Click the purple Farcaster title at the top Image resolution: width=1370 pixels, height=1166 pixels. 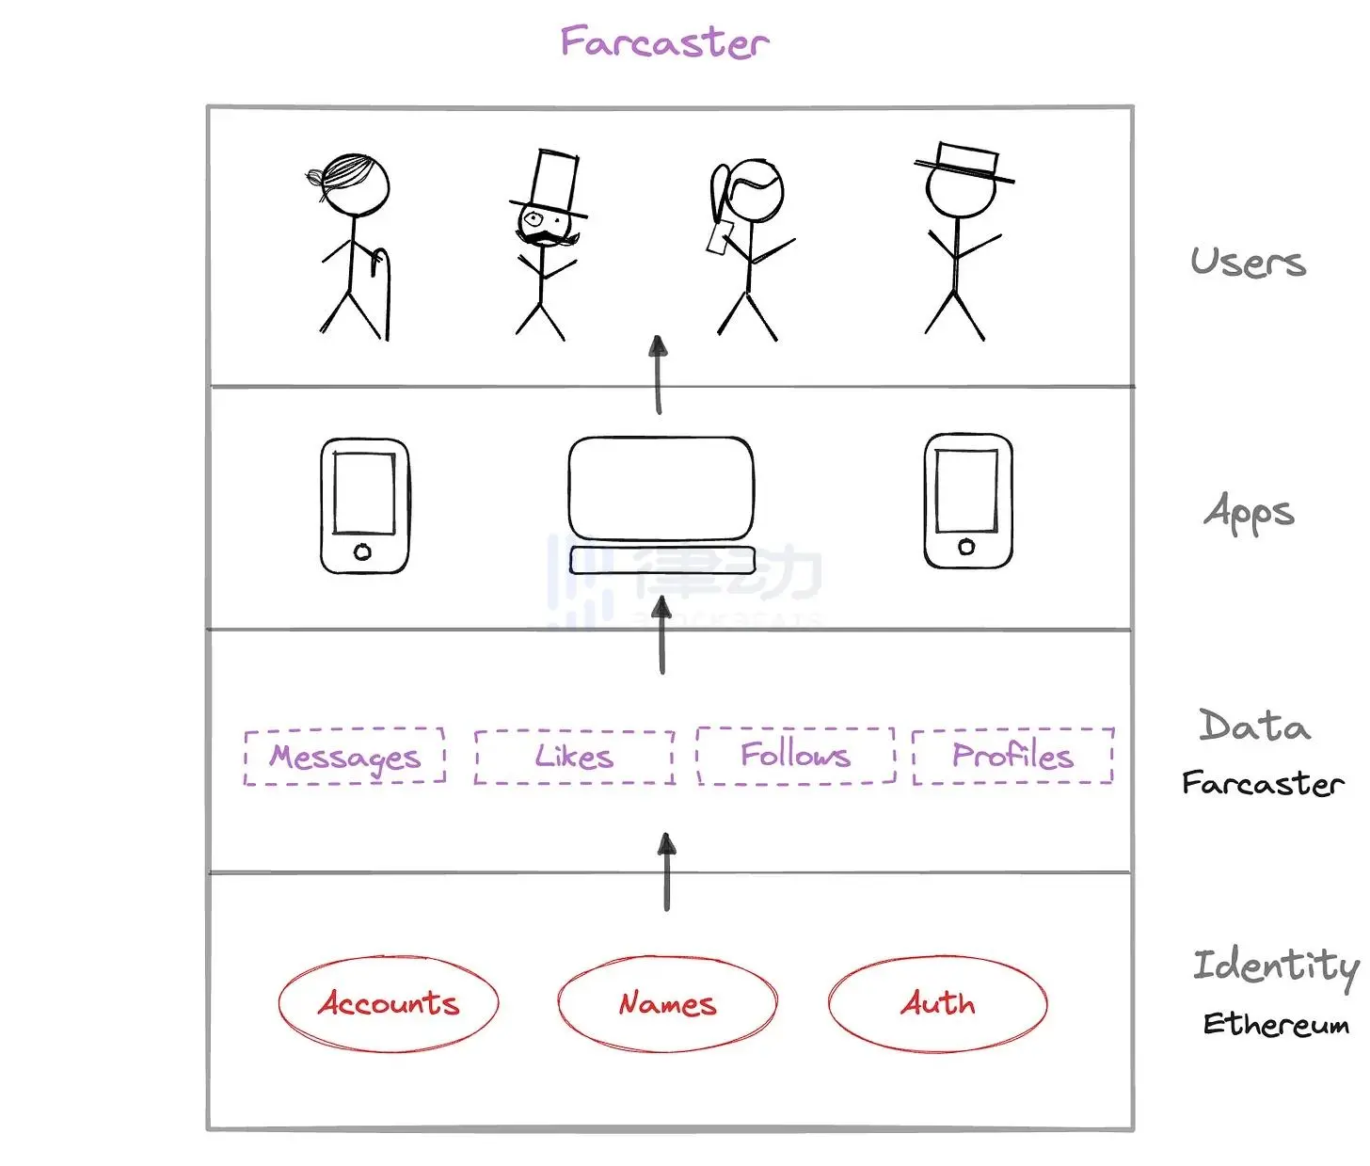point(664,42)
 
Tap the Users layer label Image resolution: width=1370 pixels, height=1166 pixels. point(1248,262)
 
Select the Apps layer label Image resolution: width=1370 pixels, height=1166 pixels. point(1249,513)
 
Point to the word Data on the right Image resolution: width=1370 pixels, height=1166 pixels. point(1254,726)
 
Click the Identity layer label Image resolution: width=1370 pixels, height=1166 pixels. point(1275,966)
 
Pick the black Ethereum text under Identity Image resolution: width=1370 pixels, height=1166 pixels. point(1275,1024)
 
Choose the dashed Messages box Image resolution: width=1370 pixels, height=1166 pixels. point(344,757)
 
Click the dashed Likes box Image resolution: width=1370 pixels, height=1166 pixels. point(574,757)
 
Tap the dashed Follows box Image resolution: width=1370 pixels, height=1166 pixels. point(795,755)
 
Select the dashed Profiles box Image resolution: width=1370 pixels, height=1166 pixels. point(1012,755)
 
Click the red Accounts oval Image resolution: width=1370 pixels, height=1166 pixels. point(388,1003)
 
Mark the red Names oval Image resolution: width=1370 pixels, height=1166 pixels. point(667,1004)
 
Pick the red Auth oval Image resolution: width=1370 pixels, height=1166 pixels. point(937,1003)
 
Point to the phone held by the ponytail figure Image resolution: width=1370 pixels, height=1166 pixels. point(719,236)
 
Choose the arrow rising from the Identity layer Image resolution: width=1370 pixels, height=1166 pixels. point(666,871)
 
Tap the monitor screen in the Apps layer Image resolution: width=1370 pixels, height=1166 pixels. point(661,487)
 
